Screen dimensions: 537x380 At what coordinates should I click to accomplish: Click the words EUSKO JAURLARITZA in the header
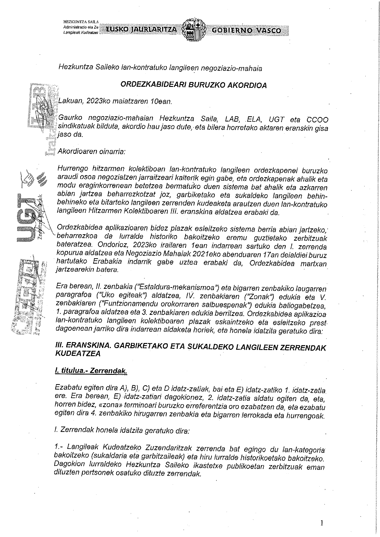tap(141, 30)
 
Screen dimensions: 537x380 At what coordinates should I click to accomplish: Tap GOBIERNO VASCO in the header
tap(246, 30)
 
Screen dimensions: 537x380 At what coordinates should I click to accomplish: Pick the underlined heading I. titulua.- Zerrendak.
tap(90, 371)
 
